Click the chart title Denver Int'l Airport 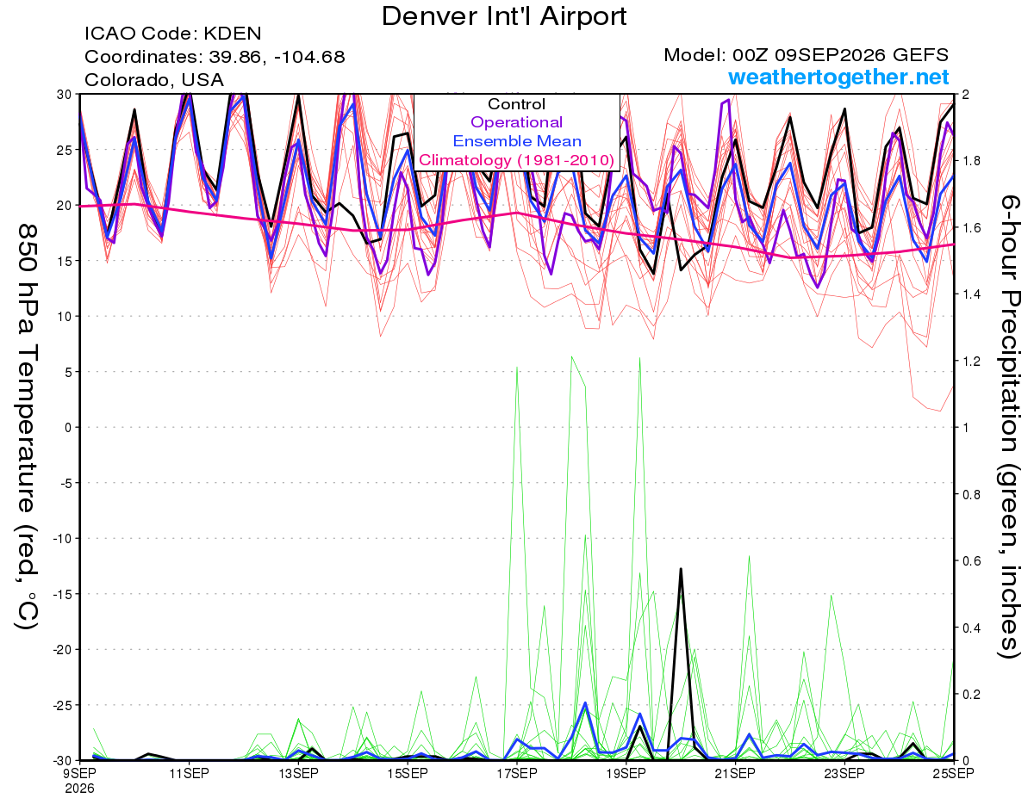pyautogui.click(x=504, y=16)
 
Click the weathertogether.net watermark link pyautogui.click(x=838, y=77)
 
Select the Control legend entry pyautogui.click(x=516, y=104)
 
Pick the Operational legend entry pyautogui.click(x=516, y=122)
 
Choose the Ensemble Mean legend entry pyautogui.click(x=517, y=141)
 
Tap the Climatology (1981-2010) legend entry pyautogui.click(x=517, y=160)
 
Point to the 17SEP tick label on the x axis pyautogui.click(x=517, y=774)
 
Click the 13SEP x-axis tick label pyautogui.click(x=298, y=774)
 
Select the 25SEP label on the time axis pyautogui.click(x=953, y=774)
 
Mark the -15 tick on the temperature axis pyautogui.click(x=62, y=594)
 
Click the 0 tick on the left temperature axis pyautogui.click(x=68, y=428)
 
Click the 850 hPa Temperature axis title pyautogui.click(x=27, y=427)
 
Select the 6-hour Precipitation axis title pyautogui.click(x=1009, y=426)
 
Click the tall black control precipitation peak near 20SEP pyautogui.click(x=681, y=569)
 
